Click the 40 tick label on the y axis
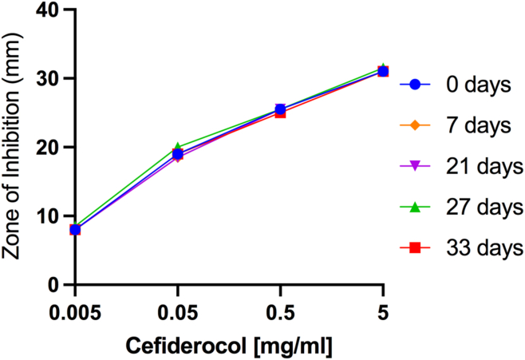46,10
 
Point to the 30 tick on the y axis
46,79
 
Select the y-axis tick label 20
46,148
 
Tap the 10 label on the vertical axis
46,216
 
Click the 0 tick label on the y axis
52,285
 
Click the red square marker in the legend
415,249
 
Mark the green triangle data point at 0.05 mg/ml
178,147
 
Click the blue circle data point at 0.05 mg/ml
178,154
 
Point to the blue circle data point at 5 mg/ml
383,71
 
